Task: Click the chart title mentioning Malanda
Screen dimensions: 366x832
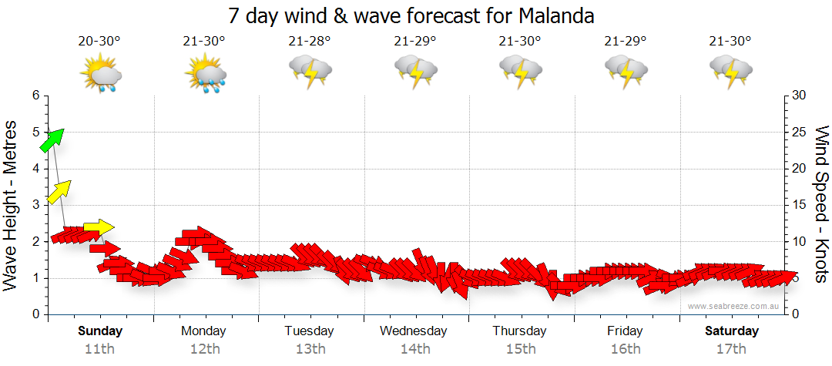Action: [411, 15]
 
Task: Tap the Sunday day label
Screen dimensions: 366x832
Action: [100, 331]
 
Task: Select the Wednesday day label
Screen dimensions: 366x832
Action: [413, 331]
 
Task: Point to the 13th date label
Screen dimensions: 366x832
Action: [310, 348]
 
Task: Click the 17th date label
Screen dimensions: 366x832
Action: [732, 348]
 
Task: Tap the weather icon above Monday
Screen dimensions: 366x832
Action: [206, 76]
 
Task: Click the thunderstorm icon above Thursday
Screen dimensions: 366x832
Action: [521, 73]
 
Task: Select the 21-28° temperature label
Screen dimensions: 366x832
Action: [310, 42]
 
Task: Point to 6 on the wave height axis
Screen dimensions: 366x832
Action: [35, 96]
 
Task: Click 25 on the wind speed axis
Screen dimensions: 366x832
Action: [800, 132]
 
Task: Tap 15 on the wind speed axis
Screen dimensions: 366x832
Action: [800, 205]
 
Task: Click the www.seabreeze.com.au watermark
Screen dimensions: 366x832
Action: [735, 306]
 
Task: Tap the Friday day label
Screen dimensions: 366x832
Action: [625, 331]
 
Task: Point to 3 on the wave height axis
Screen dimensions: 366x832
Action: [35, 205]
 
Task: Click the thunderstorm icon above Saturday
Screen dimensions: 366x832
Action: [731, 73]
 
